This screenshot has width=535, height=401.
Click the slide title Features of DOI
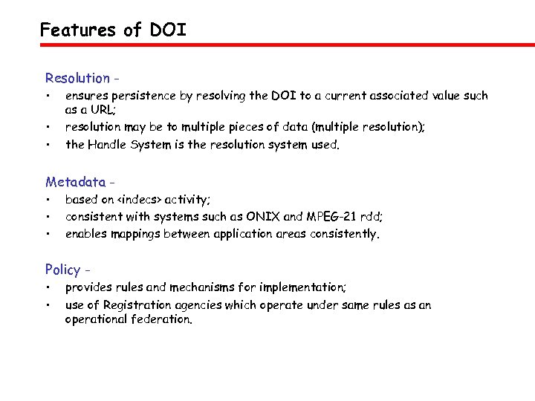[x=113, y=30]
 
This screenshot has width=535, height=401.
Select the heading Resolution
[x=77, y=78]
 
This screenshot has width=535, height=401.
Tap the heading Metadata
[x=74, y=182]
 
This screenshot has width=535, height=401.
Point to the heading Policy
[x=62, y=269]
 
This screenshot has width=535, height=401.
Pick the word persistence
[x=139, y=96]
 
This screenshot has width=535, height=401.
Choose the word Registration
[x=146, y=305]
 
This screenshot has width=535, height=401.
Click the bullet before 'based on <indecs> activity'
[x=48, y=199]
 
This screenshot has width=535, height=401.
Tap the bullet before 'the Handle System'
[x=48, y=145]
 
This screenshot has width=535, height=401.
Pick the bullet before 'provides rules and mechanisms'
[x=48, y=287]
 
